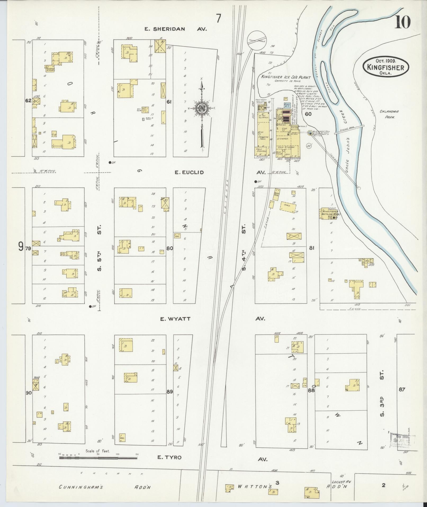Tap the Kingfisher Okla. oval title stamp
pyautogui.click(x=386, y=67)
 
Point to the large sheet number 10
pyautogui.click(x=403, y=23)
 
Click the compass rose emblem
pyautogui.click(x=201, y=107)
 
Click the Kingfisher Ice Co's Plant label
pyautogui.click(x=286, y=77)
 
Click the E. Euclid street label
pyautogui.click(x=189, y=173)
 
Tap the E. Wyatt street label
pyautogui.click(x=175, y=319)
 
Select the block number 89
pyautogui.click(x=170, y=391)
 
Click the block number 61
pyautogui.click(x=170, y=102)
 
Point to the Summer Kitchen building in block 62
pyautogui.click(x=50, y=68)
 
